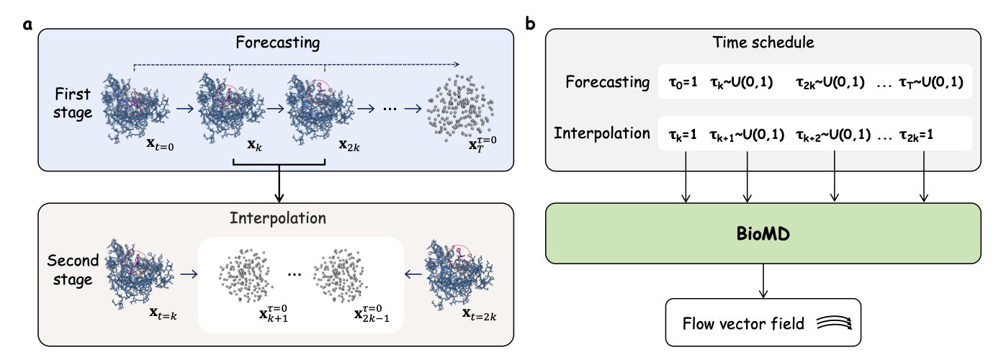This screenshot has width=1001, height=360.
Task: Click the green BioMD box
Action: [x=764, y=234]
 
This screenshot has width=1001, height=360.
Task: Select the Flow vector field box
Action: [x=764, y=323]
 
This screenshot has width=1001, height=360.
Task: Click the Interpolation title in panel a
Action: [x=277, y=217]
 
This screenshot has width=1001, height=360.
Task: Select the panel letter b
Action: [x=531, y=24]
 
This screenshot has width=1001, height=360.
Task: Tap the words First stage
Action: [x=73, y=104]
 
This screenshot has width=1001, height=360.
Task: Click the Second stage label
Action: [x=70, y=270]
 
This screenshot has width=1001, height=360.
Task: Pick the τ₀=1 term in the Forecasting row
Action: [x=684, y=83]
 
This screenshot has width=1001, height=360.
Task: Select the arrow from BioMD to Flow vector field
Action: [x=764, y=282]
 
